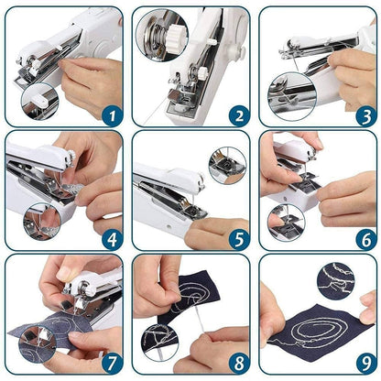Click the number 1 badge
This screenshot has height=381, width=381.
(110, 115)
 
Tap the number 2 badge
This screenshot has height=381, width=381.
(236, 115)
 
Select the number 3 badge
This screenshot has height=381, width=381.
(362, 115)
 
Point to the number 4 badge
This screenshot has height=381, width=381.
(110, 240)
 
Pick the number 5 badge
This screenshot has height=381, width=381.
(236, 240)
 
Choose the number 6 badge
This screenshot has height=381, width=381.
(362, 240)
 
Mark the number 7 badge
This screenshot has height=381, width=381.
(110, 365)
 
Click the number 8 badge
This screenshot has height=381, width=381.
(236, 365)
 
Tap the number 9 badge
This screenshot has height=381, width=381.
(362, 365)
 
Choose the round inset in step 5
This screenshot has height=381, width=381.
(225, 165)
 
